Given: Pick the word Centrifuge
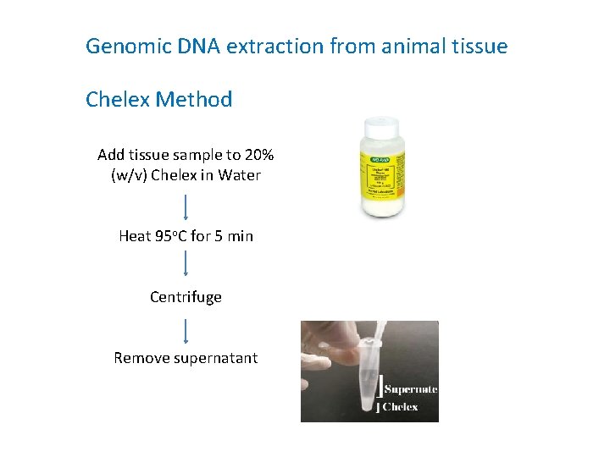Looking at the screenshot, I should (186, 297).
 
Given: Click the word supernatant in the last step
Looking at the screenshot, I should (215, 358).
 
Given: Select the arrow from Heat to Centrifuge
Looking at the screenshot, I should (186, 266).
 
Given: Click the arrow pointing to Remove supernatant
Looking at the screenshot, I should (186, 328).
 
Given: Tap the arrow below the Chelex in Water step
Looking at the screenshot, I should (186, 206).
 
